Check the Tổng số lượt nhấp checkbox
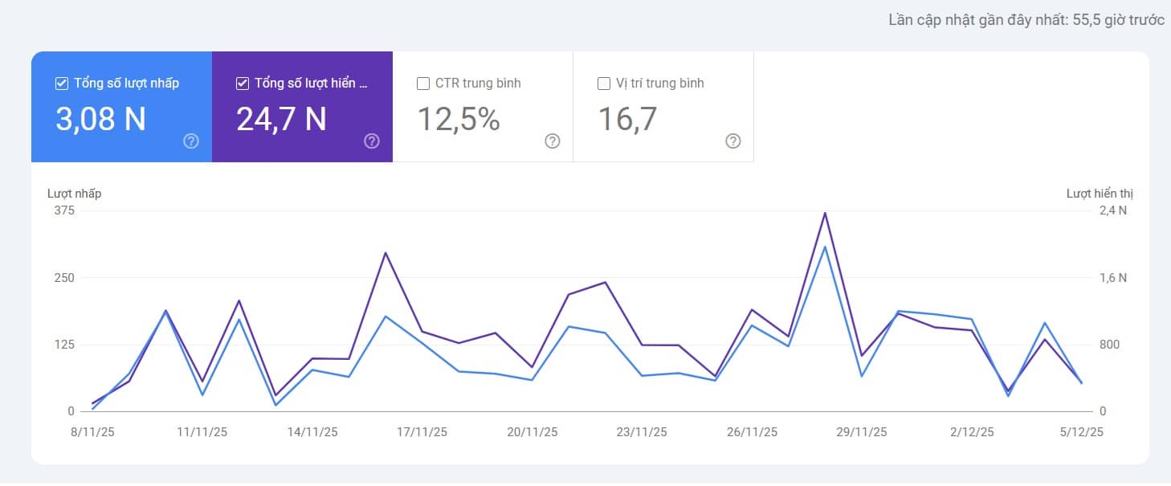point(62,84)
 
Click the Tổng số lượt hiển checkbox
point(243,84)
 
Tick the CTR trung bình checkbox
point(423,84)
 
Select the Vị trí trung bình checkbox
point(604,84)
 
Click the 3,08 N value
point(100,119)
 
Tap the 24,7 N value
point(281,119)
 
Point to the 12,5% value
point(459,119)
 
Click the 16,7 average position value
point(627,119)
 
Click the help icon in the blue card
point(191,141)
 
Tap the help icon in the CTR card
point(553,141)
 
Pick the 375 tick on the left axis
point(64,210)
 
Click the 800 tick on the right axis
point(1110,345)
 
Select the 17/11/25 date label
point(422,432)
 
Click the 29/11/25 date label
point(862,432)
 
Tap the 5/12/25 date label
point(1082,432)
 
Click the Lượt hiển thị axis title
point(1100,194)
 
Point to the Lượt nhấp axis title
point(74,194)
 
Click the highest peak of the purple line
point(824,213)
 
